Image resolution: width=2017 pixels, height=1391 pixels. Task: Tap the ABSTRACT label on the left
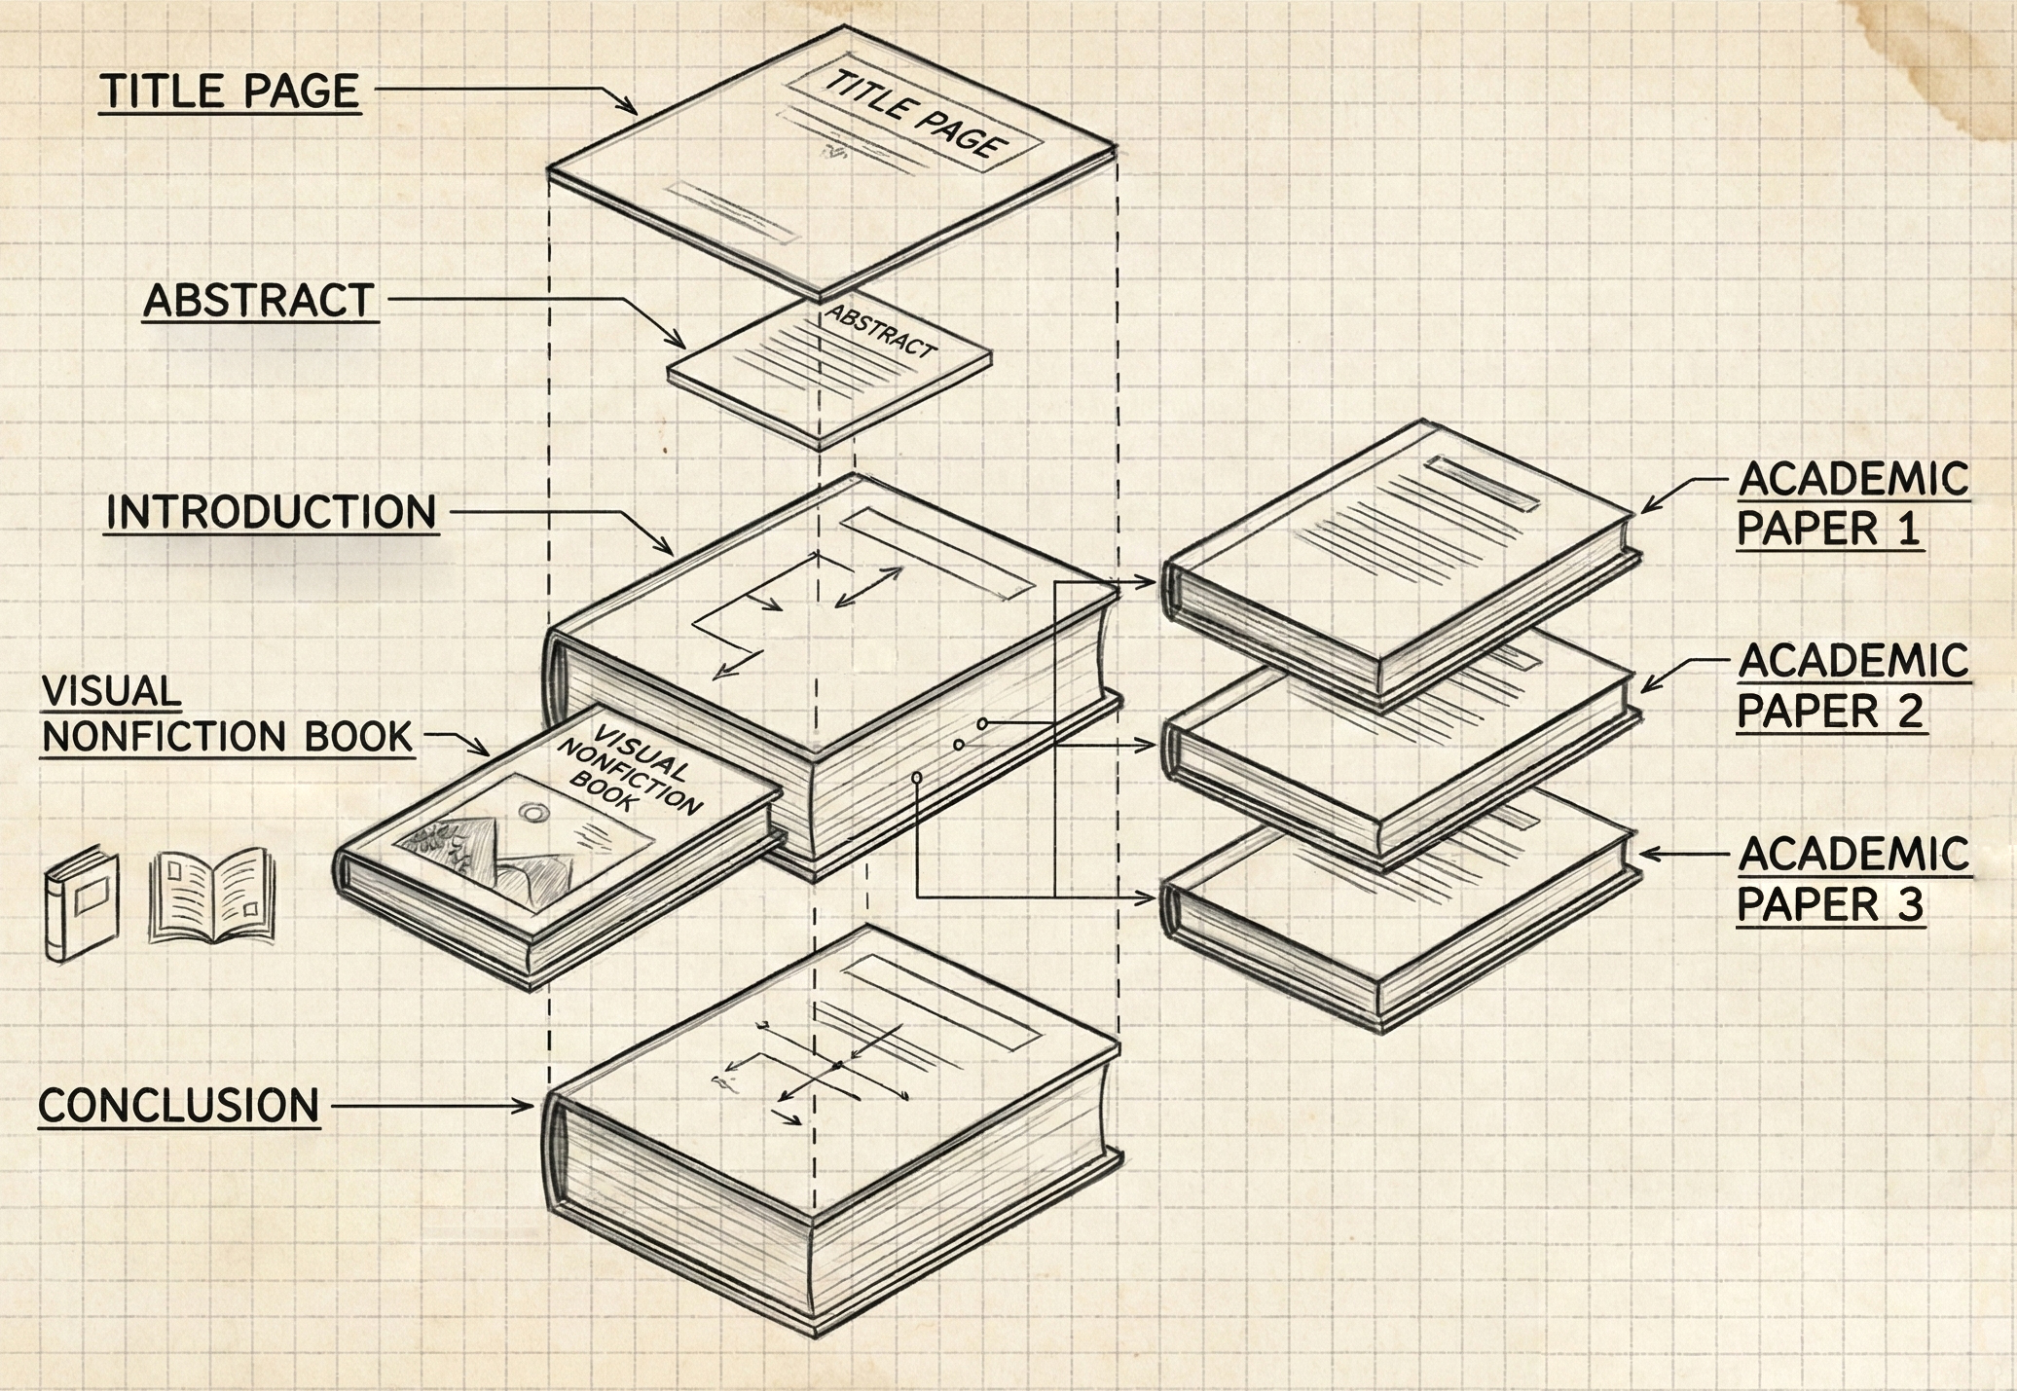[x=259, y=300]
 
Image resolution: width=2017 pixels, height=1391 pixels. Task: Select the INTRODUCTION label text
[x=271, y=512]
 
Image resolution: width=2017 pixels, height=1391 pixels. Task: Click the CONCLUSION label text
[x=179, y=1106]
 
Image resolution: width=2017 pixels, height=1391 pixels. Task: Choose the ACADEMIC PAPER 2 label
[x=1852, y=685]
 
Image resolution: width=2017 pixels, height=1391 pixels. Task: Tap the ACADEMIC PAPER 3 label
[x=1852, y=879]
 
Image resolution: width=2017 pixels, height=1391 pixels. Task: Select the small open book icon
[x=211, y=896]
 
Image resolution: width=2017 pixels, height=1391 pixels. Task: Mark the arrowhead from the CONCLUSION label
[x=526, y=1106]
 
